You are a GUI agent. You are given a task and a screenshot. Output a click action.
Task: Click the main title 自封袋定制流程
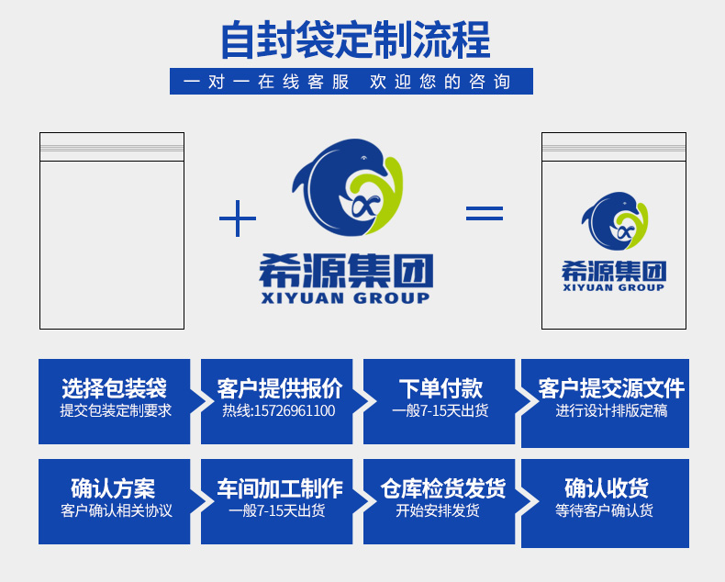(356, 39)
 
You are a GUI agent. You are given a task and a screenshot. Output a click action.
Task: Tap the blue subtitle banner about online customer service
(351, 81)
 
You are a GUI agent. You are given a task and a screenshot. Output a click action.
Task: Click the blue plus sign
(238, 219)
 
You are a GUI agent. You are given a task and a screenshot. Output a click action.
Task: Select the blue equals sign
(484, 213)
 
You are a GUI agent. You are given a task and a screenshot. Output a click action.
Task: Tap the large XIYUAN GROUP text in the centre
(345, 298)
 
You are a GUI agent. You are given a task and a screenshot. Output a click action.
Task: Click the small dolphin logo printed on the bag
(614, 223)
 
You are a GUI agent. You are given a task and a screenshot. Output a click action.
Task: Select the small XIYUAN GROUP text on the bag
(614, 287)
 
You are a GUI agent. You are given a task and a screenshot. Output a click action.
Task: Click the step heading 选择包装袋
(115, 388)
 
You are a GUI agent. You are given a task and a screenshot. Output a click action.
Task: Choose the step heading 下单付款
(441, 388)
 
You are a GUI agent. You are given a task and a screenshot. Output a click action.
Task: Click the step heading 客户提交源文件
(611, 388)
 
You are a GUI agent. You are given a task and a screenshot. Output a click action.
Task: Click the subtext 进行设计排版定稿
(611, 410)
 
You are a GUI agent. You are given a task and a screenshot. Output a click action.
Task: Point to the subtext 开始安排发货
(438, 510)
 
